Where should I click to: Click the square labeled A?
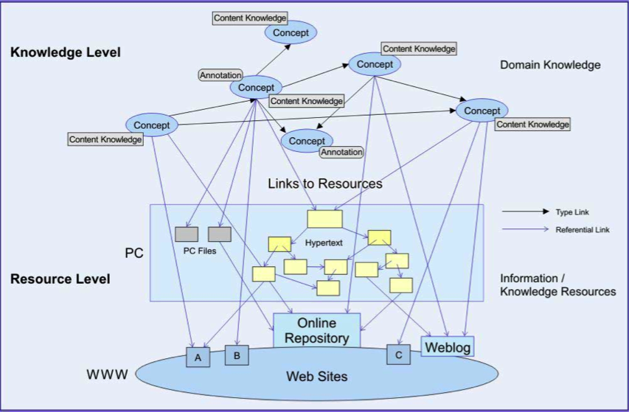(x=197, y=357)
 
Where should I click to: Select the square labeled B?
(x=237, y=355)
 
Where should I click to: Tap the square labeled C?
(x=398, y=355)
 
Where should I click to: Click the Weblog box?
(x=448, y=346)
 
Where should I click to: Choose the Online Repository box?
(x=316, y=330)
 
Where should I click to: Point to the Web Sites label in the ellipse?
(x=316, y=377)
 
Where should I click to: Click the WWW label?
(x=108, y=374)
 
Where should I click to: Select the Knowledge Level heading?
(x=66, y=52)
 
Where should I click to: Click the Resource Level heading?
(x=60, y=279)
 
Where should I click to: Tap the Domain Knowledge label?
(x=550, y=65)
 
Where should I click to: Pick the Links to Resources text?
(x=325, y=184)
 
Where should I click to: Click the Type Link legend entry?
(x=572, y=212)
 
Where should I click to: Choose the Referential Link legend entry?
(x=583, y=230)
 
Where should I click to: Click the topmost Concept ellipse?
(x=291, y=32)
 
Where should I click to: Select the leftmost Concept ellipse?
(x=152, y=125)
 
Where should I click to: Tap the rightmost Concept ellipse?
(x=482, y=111)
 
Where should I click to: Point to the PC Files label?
(x=199, y=251)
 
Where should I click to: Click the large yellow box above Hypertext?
(x=324, y=219)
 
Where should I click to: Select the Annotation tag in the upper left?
(x=220, y=75)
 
